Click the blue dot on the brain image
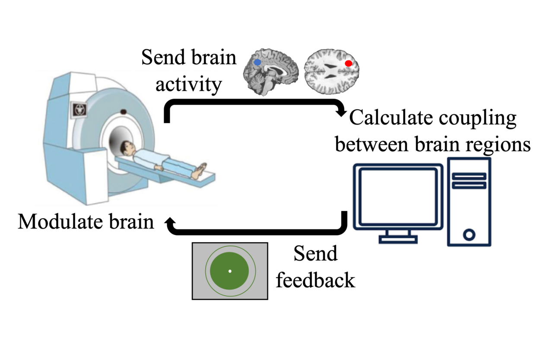click(x=257, y=63)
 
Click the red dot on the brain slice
click(x=349, y=64)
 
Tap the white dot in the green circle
click(x=230, y=271)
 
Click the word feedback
click(x=315, y=280)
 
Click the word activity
click(x=188, y=85)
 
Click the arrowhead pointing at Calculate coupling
click(x=342, y=113)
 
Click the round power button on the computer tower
click(x=469, y=235)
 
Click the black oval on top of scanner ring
click(x=123, y=112)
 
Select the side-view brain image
click(x=271, y=71)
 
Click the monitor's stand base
click(x=398, y=239)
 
